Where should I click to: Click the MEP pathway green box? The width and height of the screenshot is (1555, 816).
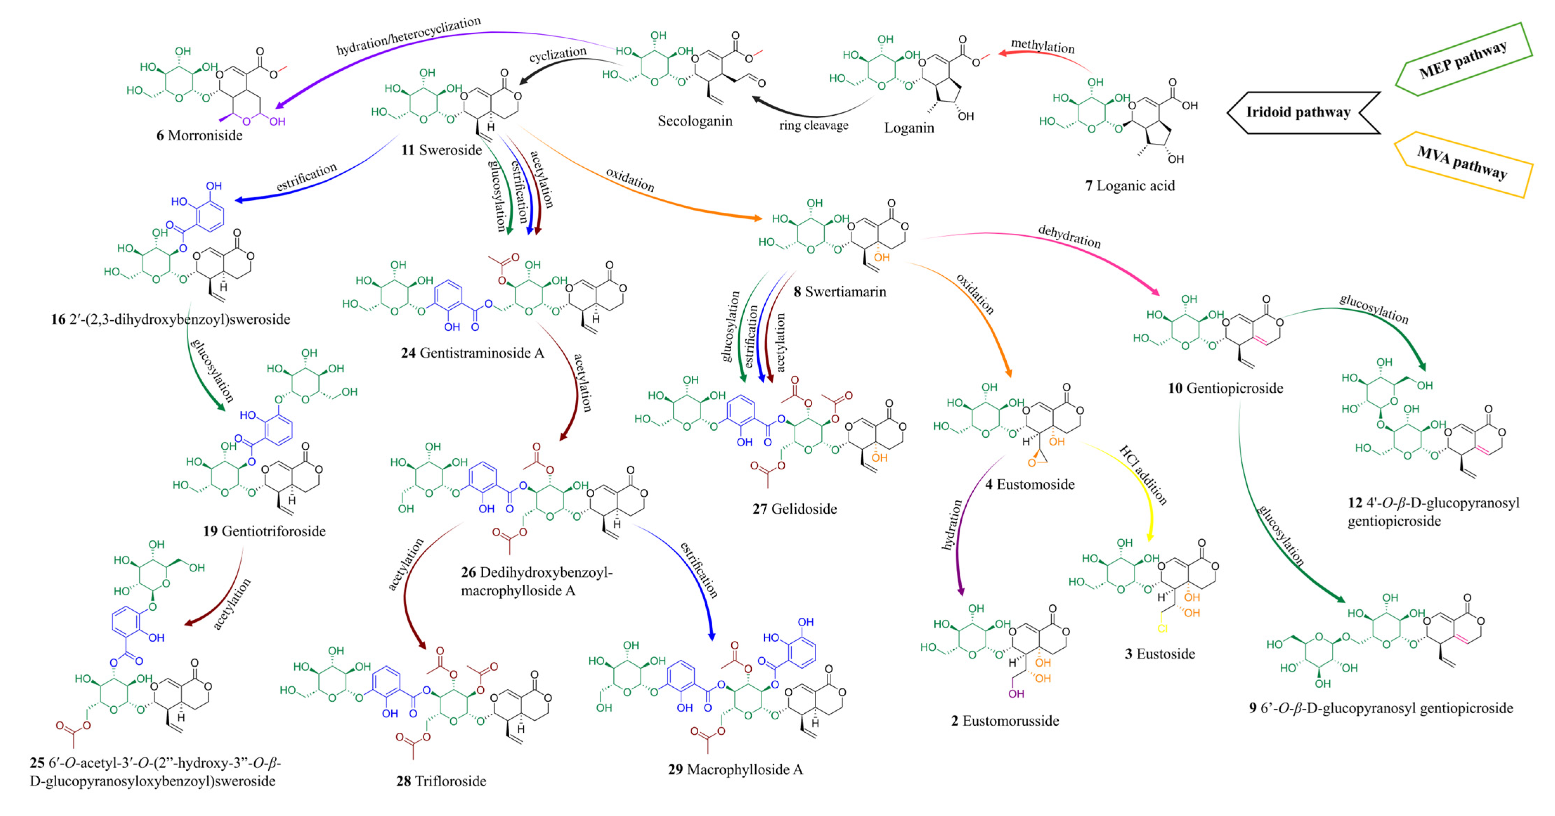(1463, 60)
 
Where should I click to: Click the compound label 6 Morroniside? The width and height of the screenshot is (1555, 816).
(199, 135)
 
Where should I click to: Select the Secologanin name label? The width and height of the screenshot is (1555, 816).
(695, 121)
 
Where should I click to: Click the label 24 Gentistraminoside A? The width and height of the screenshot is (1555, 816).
(472, 353)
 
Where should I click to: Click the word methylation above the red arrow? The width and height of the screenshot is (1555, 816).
(1043, 46)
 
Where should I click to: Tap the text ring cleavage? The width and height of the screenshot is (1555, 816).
(813, 126)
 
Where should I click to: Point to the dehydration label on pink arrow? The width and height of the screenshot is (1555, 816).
(1069, 236)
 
